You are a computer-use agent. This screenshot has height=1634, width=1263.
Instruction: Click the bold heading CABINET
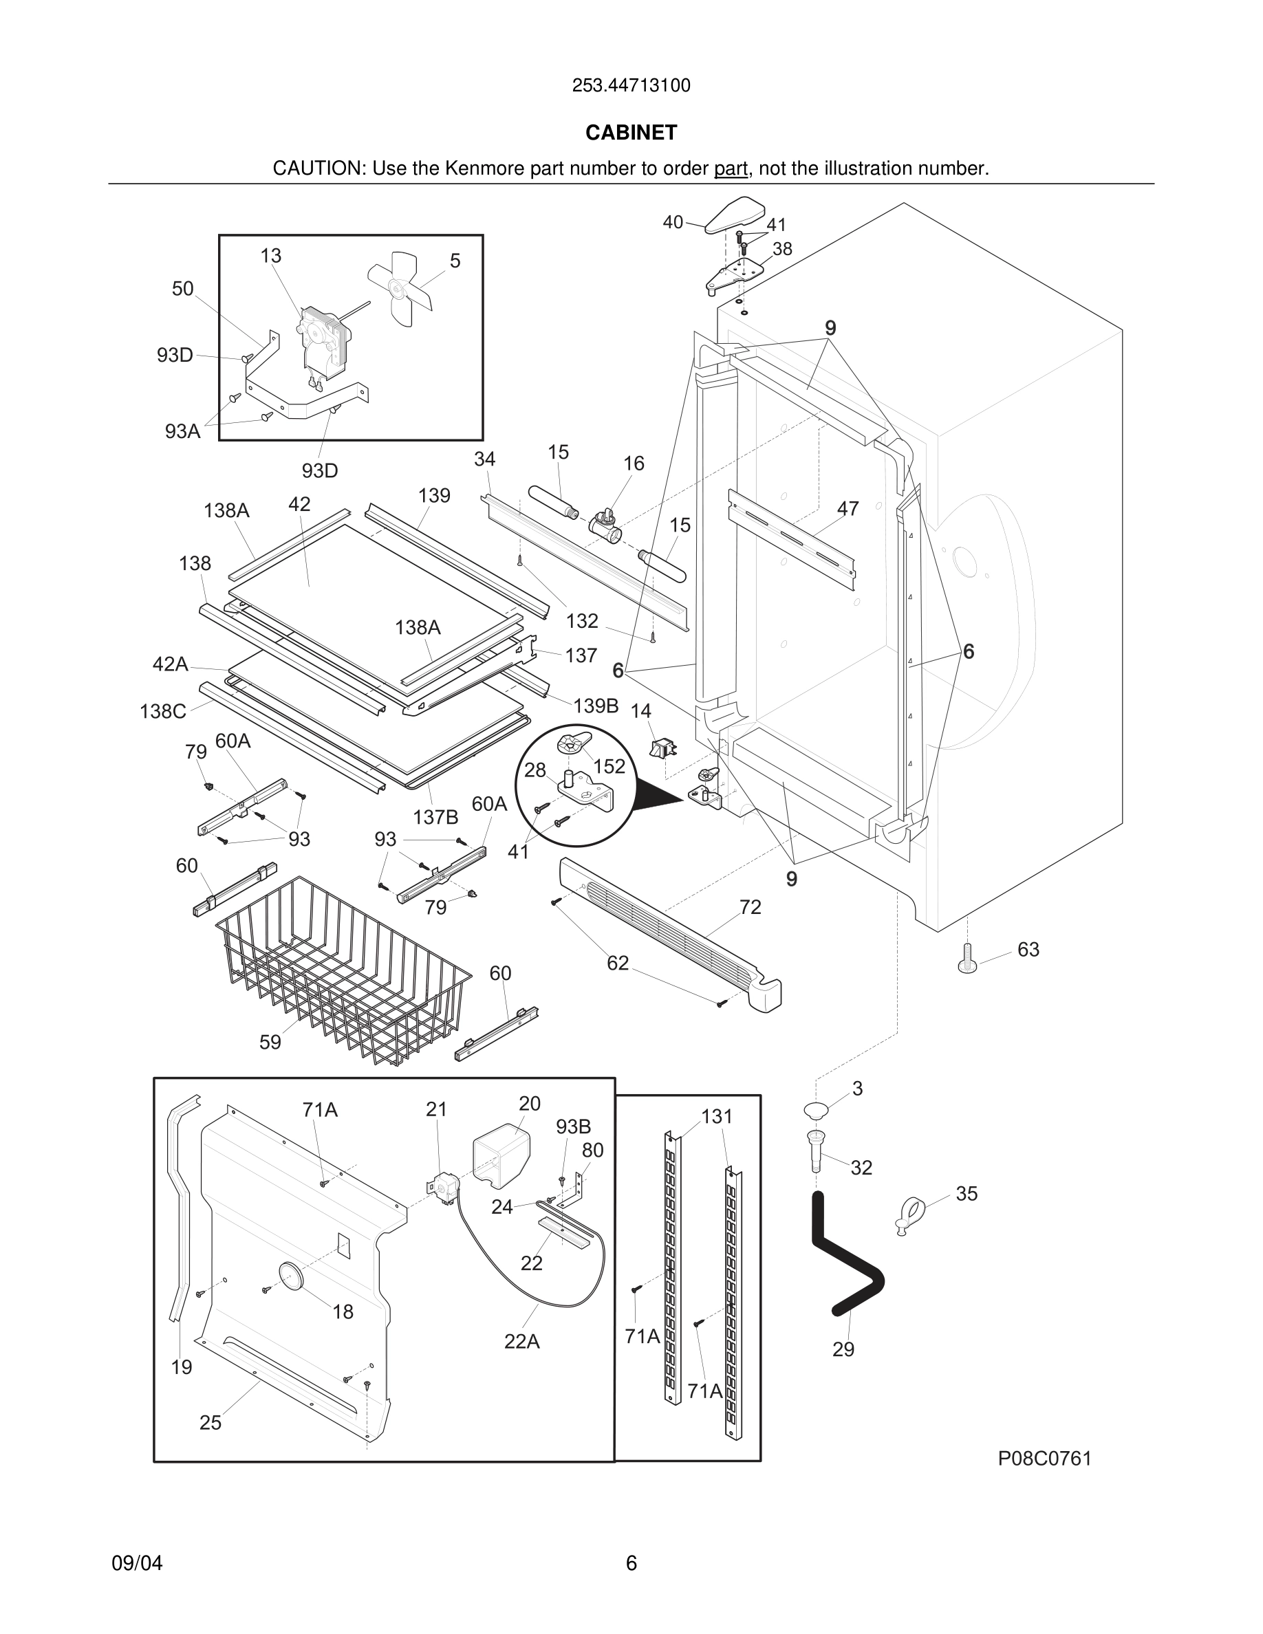coord(631,133)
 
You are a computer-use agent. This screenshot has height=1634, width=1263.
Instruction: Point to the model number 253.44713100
coord(631,86)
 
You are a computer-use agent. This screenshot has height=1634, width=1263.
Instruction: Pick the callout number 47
coord(848,509)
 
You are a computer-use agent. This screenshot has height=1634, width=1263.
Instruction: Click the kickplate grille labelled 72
coord(673,928)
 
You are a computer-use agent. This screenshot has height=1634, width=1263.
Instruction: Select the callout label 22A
coord(521,1342)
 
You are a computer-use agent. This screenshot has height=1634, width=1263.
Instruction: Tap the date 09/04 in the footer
coord(137,1563)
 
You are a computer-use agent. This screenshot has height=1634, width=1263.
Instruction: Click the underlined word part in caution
coord(731,169)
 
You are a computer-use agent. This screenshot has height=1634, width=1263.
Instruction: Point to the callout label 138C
coord(162,712)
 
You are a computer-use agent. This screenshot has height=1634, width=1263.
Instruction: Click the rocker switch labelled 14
coord(662,748)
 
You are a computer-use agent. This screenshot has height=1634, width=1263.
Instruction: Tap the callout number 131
coord(716,1116)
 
